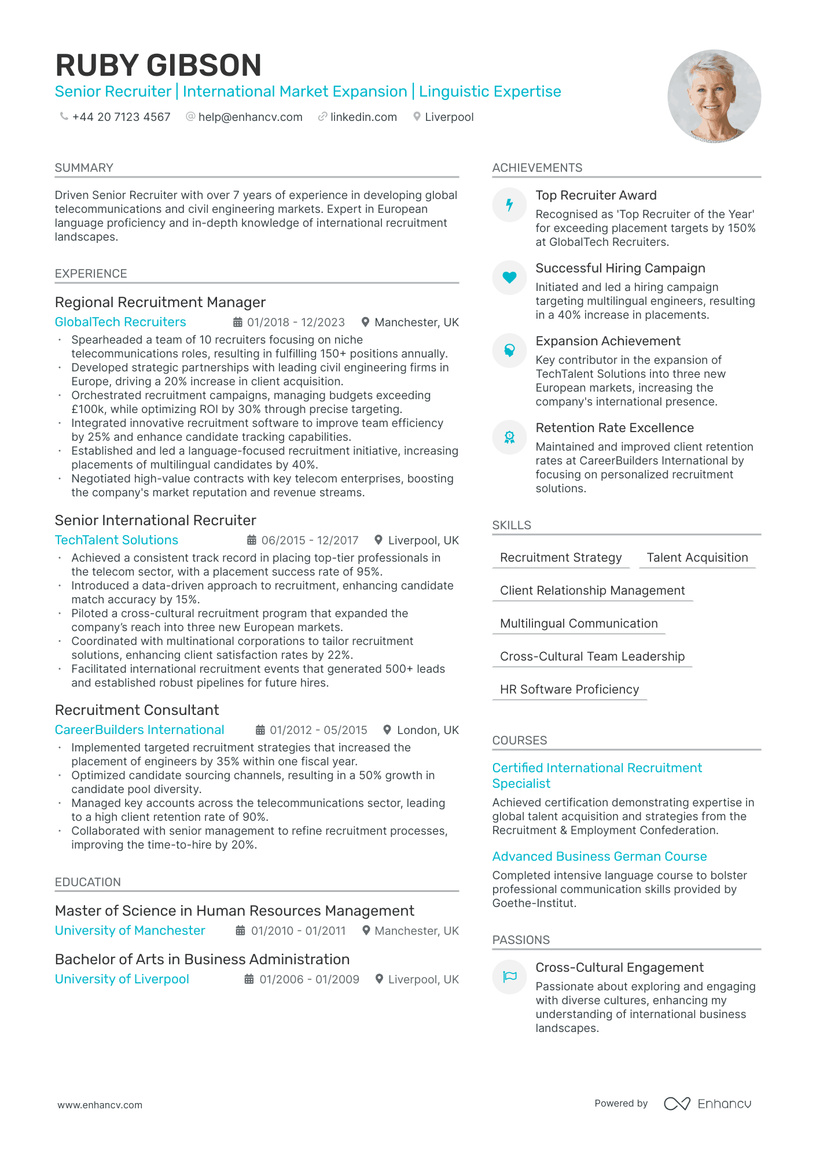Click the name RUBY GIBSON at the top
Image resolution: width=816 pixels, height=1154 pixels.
pos(158,65)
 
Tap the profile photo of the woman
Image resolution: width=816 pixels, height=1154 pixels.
pos(714,96)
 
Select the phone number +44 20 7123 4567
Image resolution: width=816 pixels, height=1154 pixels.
pos(121,117)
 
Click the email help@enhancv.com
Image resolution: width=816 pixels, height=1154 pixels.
pos(250,117)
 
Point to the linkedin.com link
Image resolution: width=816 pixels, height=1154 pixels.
pos(363,117)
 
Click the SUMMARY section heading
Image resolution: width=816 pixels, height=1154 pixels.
pos(84,168)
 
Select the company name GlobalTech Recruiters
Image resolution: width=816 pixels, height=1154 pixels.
pos(120,322)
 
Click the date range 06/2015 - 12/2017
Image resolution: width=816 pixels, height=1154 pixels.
pos(310,540)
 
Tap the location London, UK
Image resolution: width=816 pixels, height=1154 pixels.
pos(428,730)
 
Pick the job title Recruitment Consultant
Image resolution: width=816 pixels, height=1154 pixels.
pos(137,710)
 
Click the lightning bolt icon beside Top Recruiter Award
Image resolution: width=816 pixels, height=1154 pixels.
pos(509,205)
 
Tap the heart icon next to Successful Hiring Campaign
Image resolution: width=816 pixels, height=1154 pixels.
pos(509,278)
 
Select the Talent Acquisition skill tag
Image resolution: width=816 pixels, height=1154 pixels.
pos(697,558)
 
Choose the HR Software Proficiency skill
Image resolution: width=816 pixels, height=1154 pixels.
pos(569,690)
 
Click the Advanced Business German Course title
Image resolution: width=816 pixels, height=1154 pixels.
pos(599,856)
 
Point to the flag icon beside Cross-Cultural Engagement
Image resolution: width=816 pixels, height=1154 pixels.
pos(509,977)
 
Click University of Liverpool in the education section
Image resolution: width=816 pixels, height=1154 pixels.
pos(122,979)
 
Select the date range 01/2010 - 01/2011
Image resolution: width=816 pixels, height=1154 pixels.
pos(298,931)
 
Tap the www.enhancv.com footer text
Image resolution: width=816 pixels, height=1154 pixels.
pos(100,1105)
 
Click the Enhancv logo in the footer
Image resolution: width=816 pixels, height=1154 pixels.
pos(708,1104)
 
